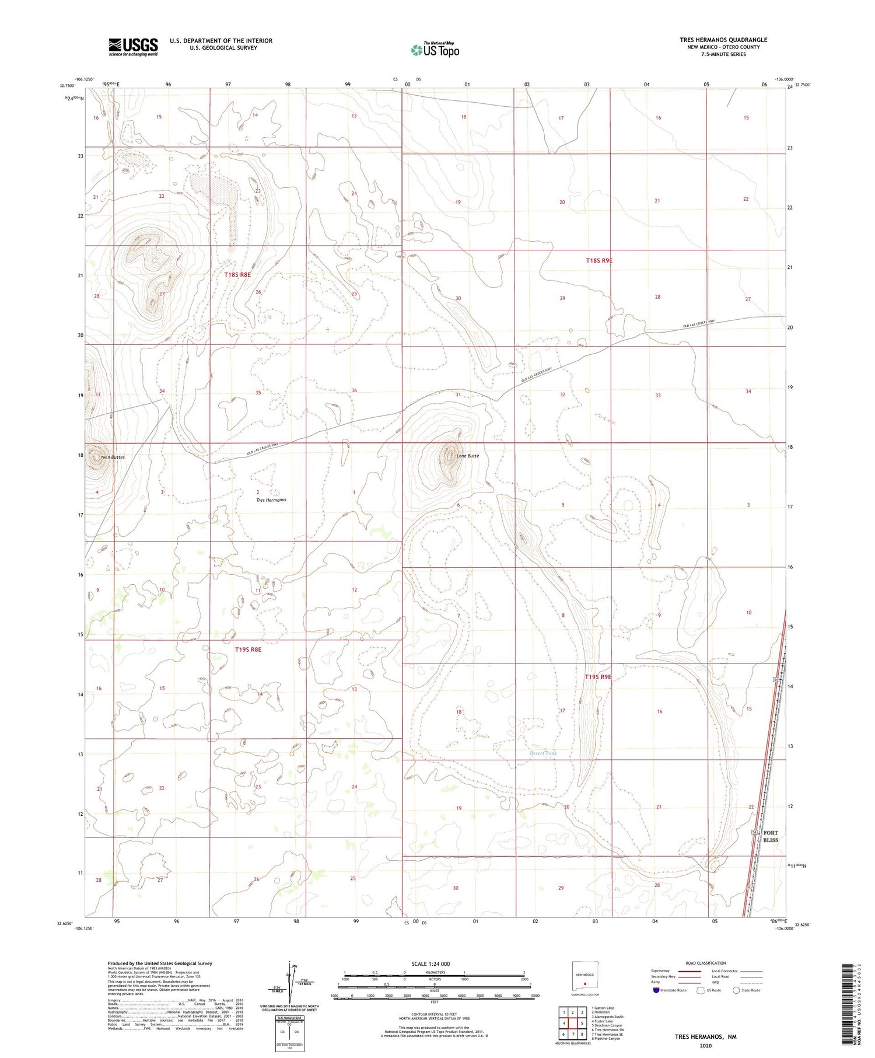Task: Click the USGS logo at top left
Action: coord(133,47)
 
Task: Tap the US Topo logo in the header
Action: coord(435,50)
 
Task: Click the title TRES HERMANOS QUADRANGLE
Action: coord(723,40)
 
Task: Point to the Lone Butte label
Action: coord(467,456)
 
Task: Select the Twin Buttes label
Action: coord(113,458)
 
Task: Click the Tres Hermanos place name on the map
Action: coord(271,500)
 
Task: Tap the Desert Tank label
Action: coord(542,753)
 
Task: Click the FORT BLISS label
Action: coord(770,836)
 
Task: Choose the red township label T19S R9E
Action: coord(598,677)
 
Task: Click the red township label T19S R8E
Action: coord(248,649)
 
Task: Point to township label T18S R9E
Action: coord(599,260)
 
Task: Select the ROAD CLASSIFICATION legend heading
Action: coord(705,963)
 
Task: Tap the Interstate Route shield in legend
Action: coord(656,990)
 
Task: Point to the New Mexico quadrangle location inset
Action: coord(584,980)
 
